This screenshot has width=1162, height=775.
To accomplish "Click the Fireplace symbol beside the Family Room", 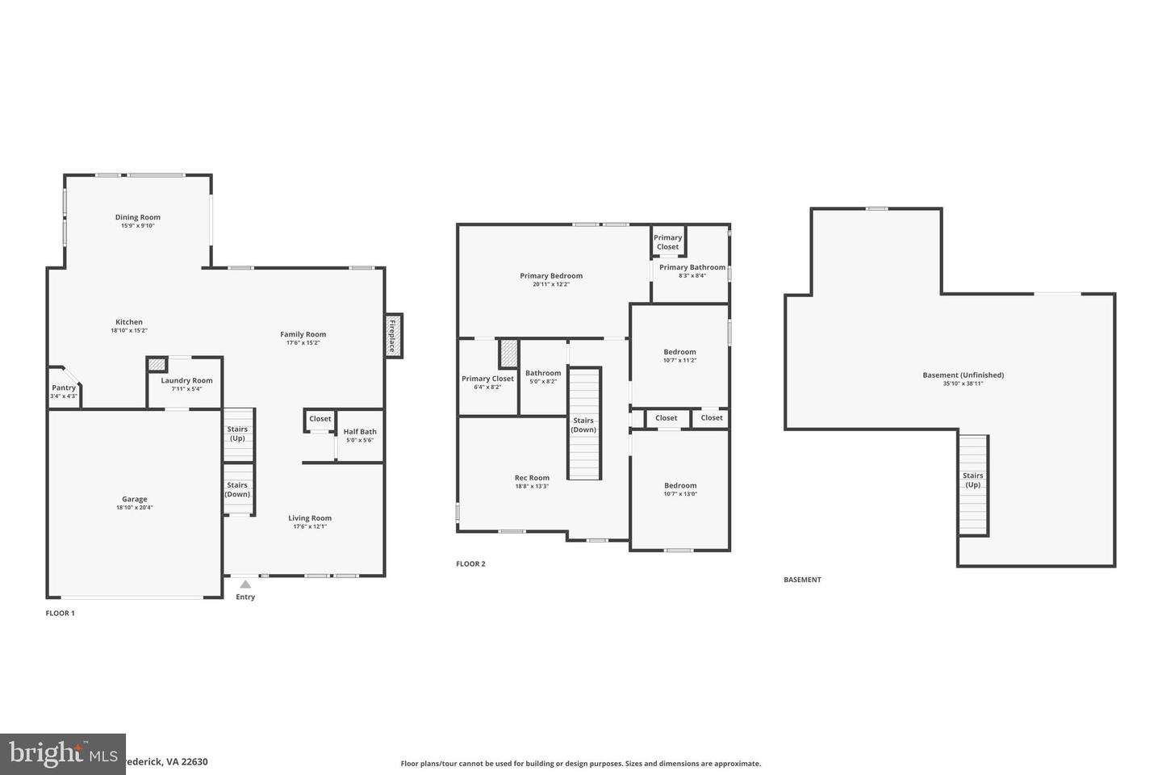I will pos(393,335).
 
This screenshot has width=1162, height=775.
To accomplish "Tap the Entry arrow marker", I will pos(245,584).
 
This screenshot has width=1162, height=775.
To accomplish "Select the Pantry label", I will pos(64,388).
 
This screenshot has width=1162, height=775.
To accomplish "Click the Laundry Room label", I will pos(186,380).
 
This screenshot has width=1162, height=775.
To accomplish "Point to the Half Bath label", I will pos(360,432).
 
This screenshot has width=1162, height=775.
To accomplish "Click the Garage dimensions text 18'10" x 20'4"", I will pos(134,508).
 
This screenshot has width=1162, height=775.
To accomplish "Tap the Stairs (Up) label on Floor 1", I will pos(237,434).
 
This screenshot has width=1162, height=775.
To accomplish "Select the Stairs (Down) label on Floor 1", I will pos(237,490).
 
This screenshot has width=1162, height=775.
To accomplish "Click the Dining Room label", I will pos(138,217).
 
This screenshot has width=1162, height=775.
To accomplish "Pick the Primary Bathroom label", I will pos(692,267).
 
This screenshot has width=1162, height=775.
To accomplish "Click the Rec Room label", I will pos(532,478).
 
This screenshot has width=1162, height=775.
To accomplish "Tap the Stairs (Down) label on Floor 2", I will pos(583,425).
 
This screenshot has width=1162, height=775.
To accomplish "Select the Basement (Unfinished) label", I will pos(963,375).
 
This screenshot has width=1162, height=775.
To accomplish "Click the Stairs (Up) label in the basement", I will pos(972,480).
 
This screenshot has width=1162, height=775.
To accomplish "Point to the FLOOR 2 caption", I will pos(470,564).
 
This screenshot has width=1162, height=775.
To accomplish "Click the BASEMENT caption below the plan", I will pos(802,580).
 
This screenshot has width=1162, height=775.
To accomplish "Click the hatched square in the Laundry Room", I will pos(157,364).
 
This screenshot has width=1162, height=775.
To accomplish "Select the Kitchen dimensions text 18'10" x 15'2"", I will pos(129,330).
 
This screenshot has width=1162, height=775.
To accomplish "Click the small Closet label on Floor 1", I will pos(320,419).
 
